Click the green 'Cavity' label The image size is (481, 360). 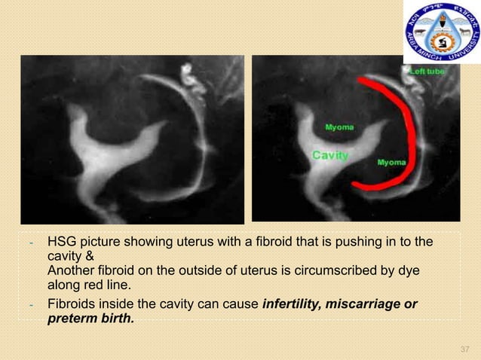click(x=330, y=155)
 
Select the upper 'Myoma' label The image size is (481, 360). click(x=340, y=128)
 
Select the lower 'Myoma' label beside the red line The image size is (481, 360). click(x=391, y=162)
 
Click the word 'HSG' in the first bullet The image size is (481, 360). click(x=63, y=243)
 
